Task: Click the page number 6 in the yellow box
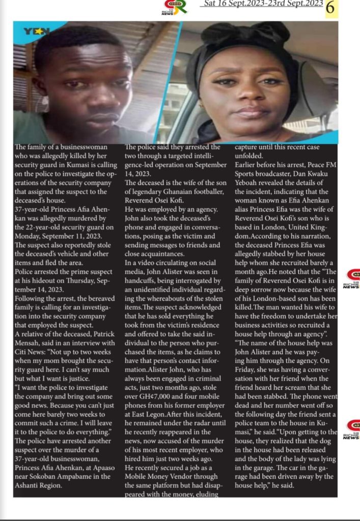(330, 8)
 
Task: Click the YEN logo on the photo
(36, 32)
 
